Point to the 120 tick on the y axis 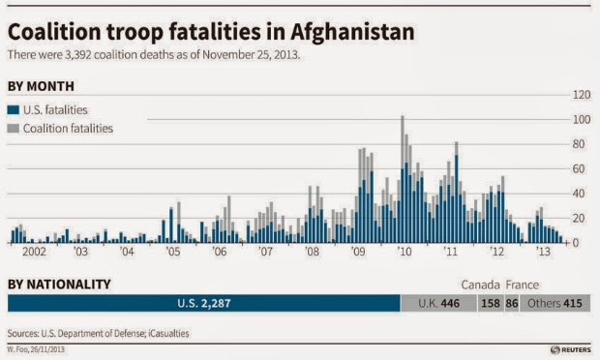pyautogui.click(x=581, y=95)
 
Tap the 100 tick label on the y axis pyautogui.click(x=581, y=120)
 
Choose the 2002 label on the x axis pyautogui.click(x=30, y=253)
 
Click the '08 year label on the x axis pyautogui.click(x=312, y=253)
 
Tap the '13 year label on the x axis pyautogui.click(x=544, y=253)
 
